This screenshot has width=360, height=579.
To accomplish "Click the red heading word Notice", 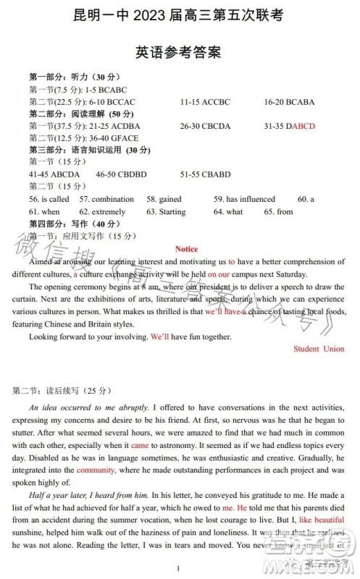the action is [186, 249].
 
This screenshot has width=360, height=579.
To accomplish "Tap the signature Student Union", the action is [319, 349].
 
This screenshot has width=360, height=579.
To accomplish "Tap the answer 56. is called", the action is [49, 199].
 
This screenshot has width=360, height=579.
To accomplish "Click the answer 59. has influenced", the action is [244, 199].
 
